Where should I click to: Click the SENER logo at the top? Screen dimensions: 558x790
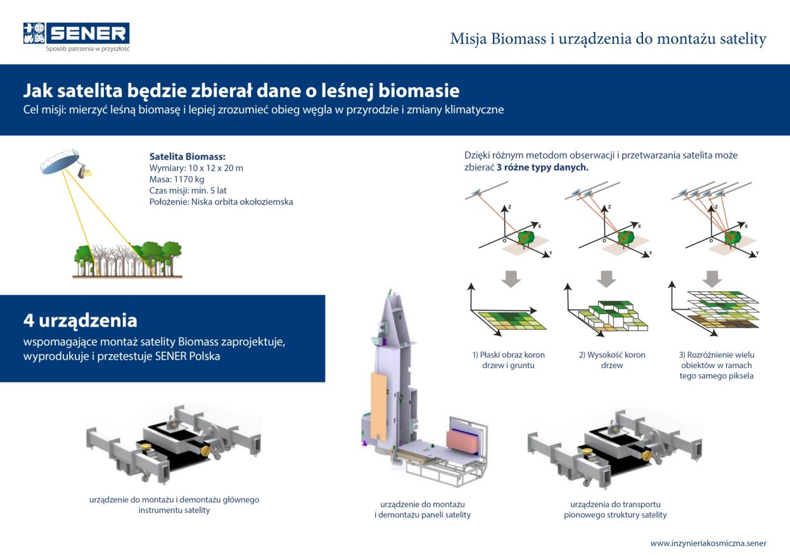(76, 36)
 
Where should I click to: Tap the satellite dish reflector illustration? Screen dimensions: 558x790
(59, 160)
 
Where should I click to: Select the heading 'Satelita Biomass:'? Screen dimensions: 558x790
(188, 156)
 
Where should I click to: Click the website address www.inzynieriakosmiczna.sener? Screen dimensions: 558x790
(708, 543)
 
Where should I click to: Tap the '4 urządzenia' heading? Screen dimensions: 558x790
(80, 320)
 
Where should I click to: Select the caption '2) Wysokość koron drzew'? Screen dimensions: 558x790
(612, 360)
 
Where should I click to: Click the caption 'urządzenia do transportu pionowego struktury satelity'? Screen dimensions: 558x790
(615, 510)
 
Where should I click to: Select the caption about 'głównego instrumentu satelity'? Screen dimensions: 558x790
(174, 505)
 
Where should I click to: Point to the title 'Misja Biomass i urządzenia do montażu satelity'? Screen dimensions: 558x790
(608, 39)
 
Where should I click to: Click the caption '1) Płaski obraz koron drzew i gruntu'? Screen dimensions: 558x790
(508, 360)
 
